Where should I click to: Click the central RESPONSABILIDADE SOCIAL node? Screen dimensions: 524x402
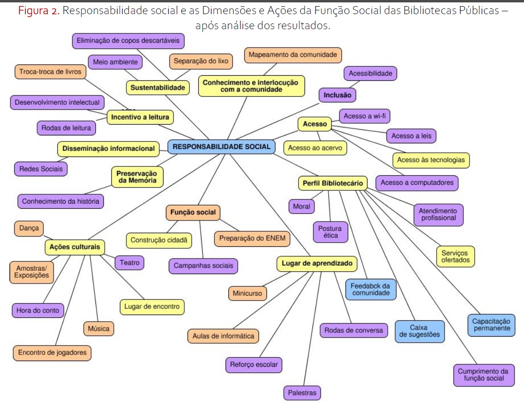pos(221,147)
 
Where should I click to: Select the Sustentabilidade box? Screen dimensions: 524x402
pos(158,87)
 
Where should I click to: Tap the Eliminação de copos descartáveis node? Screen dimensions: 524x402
pos(128,41)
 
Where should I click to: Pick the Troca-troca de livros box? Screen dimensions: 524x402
pos(50,72)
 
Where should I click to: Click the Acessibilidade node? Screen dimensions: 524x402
pos(370,73)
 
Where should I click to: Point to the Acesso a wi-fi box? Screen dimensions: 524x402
pos(365,116)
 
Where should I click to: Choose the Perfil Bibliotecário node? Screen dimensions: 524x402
pos(333,183)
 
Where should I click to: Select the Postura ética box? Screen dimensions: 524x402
pos(330,232)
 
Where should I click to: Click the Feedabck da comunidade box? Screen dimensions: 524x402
pos(371,290)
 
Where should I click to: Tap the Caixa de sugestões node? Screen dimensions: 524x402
pos(419,331)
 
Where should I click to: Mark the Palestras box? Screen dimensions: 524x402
pos(302,393)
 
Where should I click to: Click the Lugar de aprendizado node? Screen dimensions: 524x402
pos(317,264)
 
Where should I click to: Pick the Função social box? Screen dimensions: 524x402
pos(193,213)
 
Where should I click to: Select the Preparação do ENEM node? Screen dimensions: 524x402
pos(252,239)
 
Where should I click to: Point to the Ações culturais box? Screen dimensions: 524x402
pos(75,247)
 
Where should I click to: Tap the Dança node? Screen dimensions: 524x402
pos(29,229)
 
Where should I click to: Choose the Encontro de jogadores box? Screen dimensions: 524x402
pos(52,353)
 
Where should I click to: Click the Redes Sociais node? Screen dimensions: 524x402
pos(41,169)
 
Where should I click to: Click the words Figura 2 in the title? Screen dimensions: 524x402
pos(39,11)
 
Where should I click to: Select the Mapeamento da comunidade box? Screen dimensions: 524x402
pos(293,55)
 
